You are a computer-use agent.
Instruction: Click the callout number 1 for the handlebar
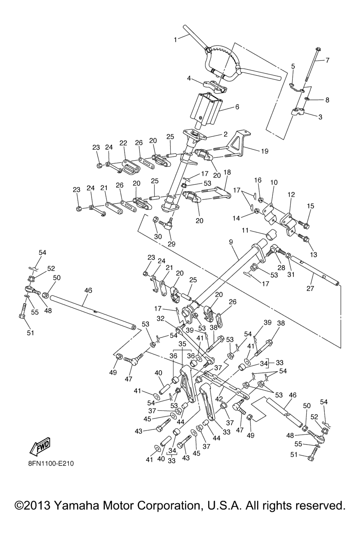coord(175,40)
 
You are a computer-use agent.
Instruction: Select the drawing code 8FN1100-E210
coord(51,463)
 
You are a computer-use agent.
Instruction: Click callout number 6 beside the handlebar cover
coord(237,107)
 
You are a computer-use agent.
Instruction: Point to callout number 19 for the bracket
coord(264,151)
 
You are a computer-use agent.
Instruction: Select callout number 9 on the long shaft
coord(231,243)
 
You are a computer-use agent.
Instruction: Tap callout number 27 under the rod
coord(310,289)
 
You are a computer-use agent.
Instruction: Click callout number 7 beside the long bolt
coord(327,60)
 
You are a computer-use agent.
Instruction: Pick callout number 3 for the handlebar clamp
coord(320,117)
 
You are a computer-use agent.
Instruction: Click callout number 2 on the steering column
coord(225,134)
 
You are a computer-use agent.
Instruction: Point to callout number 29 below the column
coord(172,244)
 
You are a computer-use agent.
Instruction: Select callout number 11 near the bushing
coord(245,230)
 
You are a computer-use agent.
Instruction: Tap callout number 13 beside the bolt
coord(313,254)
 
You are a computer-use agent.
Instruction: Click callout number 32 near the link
coord(161,319)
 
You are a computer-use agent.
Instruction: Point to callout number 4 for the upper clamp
coord(189,78)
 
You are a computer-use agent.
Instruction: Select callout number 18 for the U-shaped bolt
coord(227,172)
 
